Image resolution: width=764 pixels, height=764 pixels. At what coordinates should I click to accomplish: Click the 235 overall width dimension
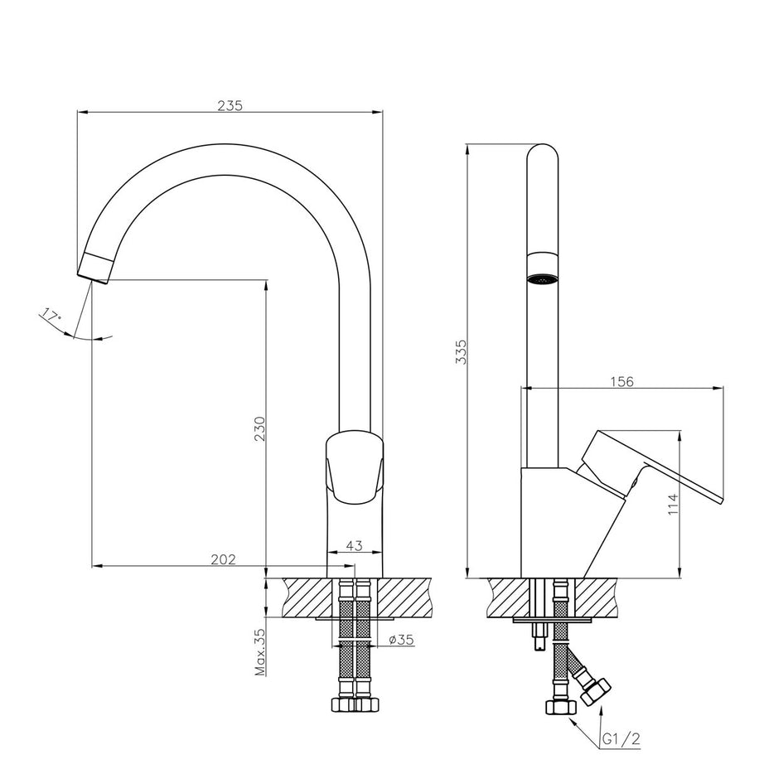(x=230, y=105)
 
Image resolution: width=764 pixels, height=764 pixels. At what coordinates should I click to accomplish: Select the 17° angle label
(x=51, y=316)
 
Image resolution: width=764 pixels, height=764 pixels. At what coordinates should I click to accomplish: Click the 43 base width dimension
(x=354, y=545)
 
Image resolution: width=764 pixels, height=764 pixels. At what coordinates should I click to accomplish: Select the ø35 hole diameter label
(x=401, y=639)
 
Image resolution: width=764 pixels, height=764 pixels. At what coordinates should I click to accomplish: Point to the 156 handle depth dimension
(x=621, y=381)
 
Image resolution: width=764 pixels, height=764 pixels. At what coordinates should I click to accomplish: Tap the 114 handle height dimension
(x=674, y=505)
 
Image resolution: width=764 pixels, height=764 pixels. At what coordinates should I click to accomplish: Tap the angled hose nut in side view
(x=595, y=690)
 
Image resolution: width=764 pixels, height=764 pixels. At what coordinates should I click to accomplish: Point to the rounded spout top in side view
(x=543, y=157)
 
